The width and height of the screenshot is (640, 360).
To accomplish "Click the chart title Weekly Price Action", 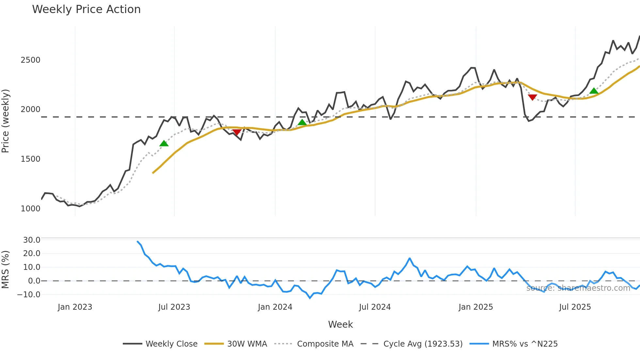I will tap(86, 9).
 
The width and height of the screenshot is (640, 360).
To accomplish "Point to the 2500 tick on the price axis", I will tap(30, 60).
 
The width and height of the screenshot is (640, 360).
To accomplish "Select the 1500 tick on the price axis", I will tap(30, 159).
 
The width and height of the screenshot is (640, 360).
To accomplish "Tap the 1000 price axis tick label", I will tap(30, 209).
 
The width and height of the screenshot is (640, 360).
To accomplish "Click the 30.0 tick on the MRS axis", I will tap(32, 240).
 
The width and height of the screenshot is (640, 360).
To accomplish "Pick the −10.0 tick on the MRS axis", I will tap(29, 295).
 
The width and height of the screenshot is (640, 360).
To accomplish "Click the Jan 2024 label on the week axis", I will tap(275, 307).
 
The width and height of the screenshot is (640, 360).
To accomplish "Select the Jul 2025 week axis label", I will tap(575, 307).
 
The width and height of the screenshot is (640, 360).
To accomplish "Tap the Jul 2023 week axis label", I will tap(174, 307).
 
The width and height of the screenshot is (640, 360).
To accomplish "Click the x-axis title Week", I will tap(340, 324).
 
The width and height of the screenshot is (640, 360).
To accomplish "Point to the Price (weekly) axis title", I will tap(6, 121).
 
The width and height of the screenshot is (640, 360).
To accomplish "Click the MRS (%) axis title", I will tap(6, 270).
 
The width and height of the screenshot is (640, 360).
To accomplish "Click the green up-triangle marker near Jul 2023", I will tap(164, 143).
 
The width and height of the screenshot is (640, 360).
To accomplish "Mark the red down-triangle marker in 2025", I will tap(532, 97).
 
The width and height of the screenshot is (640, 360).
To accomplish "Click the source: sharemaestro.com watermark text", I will tap(578, 288).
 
